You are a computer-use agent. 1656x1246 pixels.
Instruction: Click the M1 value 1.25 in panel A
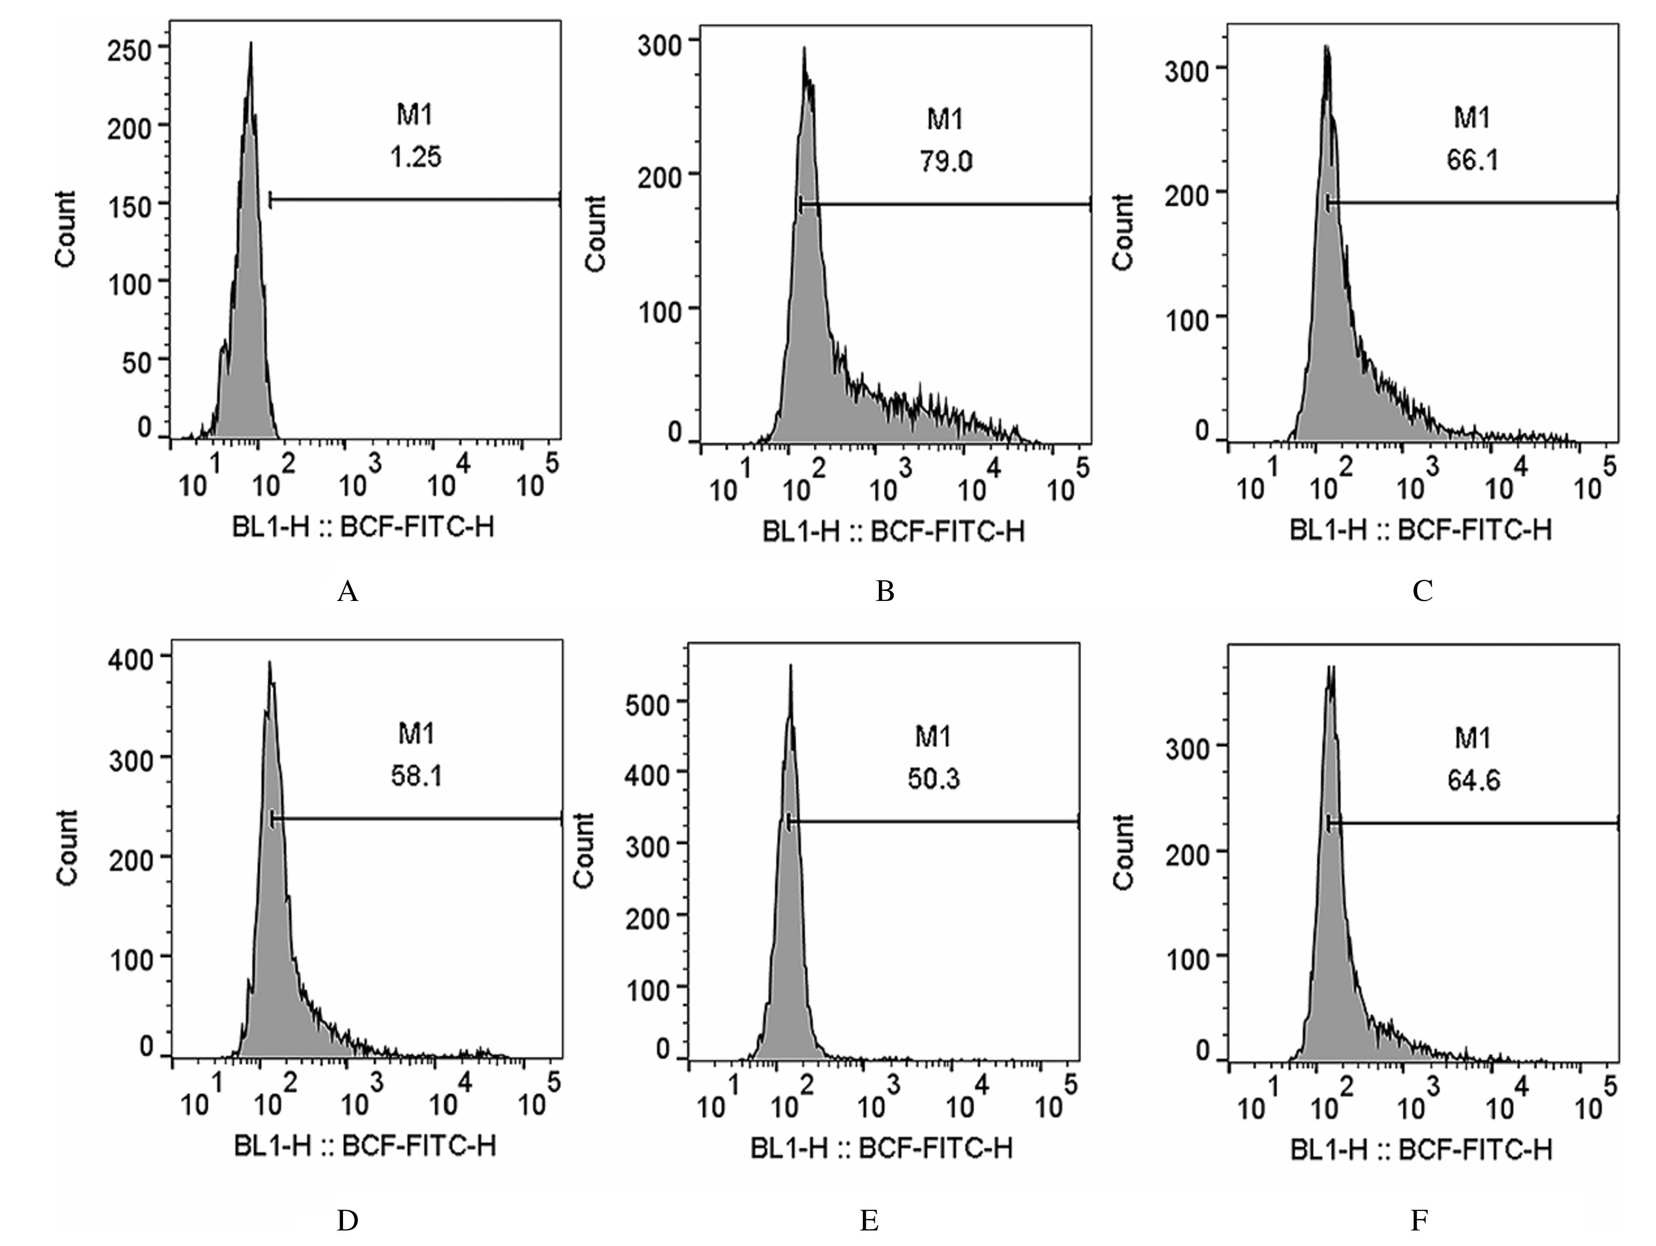coord(416,157)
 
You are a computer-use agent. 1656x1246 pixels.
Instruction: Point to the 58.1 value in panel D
coord(416,776)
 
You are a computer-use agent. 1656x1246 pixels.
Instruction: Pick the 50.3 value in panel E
coord(933,779)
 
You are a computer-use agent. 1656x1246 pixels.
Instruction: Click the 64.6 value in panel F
coord(1473,780)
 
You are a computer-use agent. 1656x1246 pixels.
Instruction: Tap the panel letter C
coord(1422,591)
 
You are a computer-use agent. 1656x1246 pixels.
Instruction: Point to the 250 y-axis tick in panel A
coord(130,51)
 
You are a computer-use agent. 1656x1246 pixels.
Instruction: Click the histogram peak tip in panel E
coord(790,666)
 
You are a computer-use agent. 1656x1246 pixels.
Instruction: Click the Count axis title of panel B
coord(595,233)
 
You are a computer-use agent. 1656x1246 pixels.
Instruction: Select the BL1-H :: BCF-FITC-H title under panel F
coord(1421,1149)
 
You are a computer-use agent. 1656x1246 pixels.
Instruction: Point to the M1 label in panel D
coord(416,734)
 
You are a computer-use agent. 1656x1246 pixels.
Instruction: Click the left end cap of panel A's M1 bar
coord(269,200)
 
